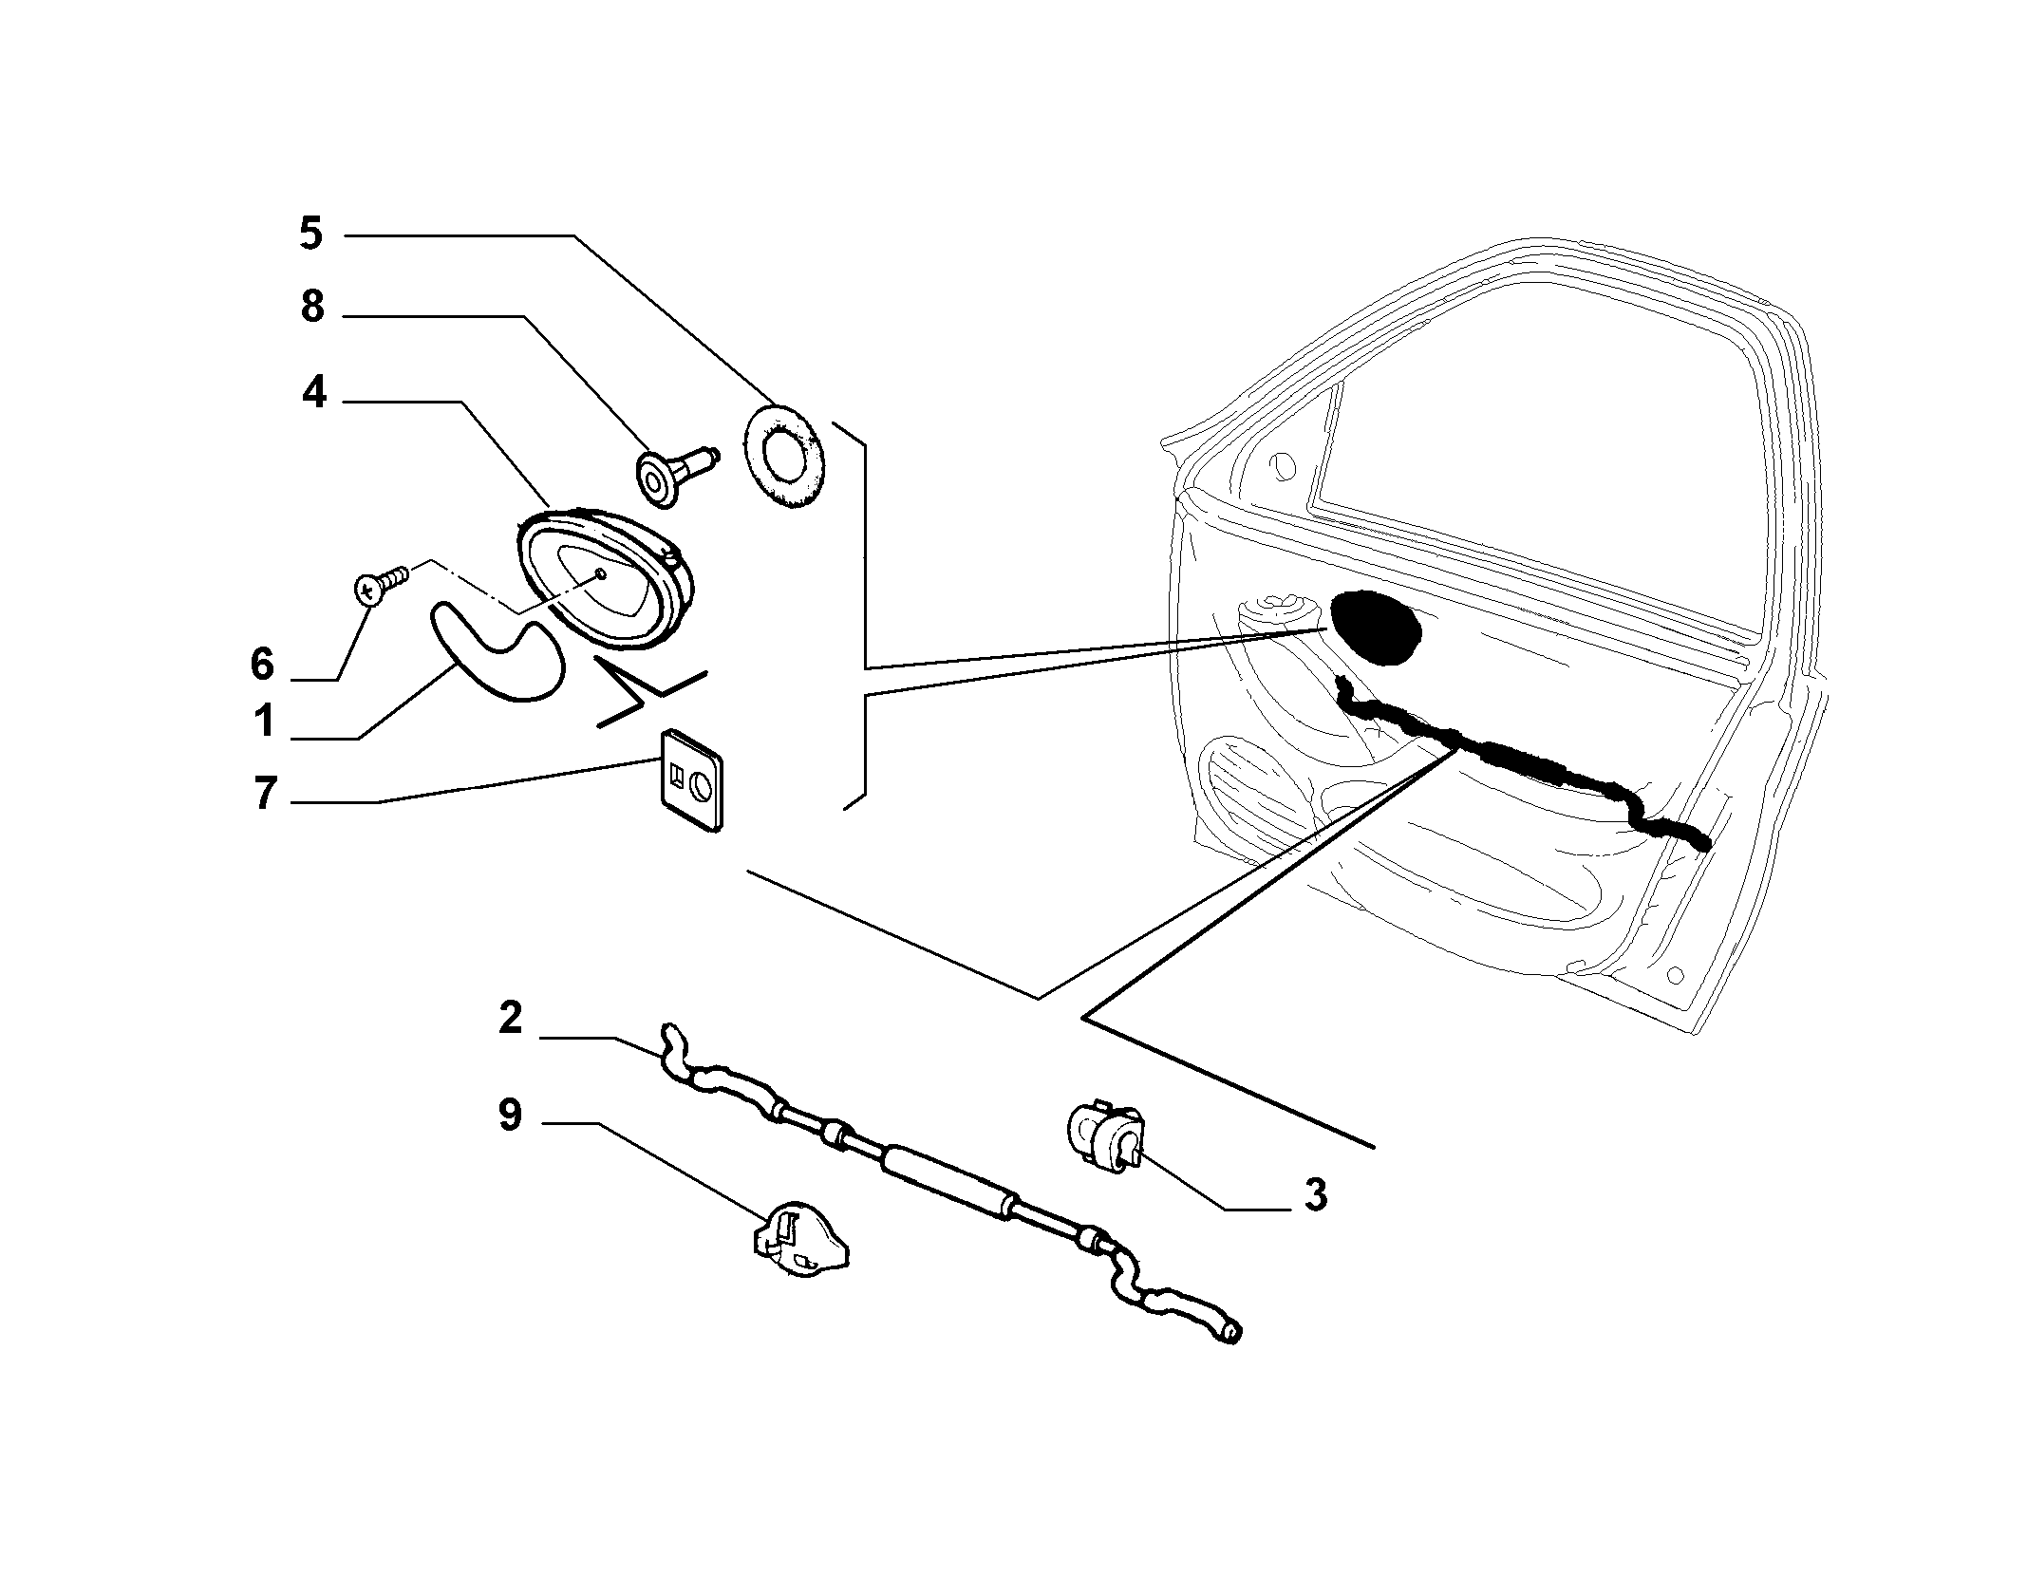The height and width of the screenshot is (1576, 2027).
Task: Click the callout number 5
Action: (x=311, y=234)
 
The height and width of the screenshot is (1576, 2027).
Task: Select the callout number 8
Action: (x=312, y=308)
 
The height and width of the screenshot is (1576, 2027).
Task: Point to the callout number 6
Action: (x=262, y=664)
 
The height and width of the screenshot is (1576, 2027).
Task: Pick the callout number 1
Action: (x=263, y=721)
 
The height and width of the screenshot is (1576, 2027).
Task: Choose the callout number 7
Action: (x=265, y=793)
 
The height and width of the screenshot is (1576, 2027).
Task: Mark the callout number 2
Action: (x=510, y=1019)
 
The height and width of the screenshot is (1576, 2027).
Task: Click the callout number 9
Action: (x=510, y=1114)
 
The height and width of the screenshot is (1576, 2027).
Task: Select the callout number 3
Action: (x=1314, y=1194)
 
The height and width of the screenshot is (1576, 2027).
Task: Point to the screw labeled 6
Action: (x=381, y=582)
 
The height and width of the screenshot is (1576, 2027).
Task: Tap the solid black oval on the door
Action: (x=1375, y=626)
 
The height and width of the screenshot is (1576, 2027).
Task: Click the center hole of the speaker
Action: (x=600, y=573)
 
